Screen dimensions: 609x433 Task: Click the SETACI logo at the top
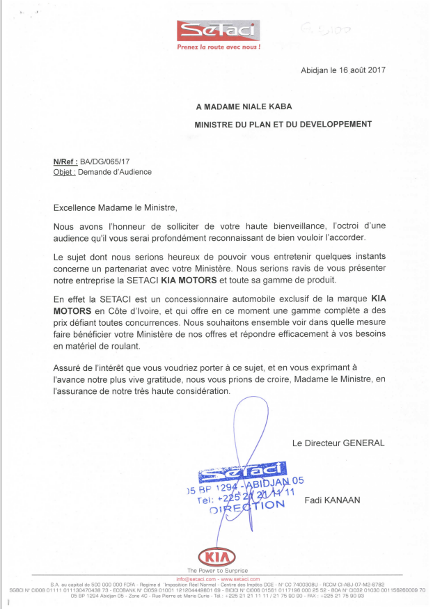217,31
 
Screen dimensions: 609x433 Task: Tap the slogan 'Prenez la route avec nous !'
218,48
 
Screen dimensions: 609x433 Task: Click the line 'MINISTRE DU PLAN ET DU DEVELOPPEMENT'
283,125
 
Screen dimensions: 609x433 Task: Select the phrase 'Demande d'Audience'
115,171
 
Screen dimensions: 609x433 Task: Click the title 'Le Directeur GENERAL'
338,443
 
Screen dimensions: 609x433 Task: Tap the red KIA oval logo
217,557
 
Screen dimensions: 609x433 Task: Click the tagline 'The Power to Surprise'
217,571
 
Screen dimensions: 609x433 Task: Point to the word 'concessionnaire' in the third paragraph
192,297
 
